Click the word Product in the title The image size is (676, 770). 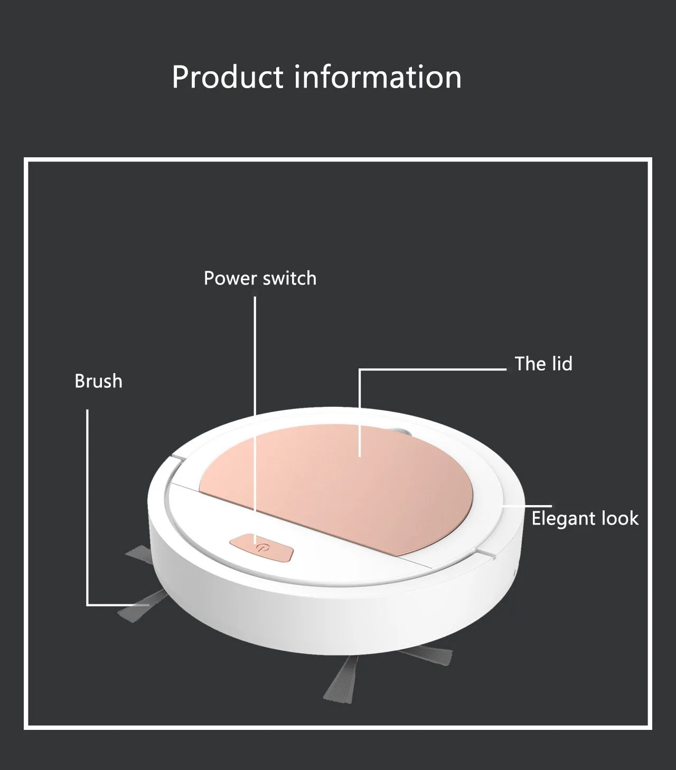click(x=228, y=77)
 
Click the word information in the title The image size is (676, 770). click(x=378, y=77)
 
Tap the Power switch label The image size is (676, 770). click(x=260, y=278)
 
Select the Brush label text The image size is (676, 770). click(x=98, y=381)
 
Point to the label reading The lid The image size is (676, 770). click(x=543, y=364)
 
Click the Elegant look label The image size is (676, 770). click(x=585, y=518)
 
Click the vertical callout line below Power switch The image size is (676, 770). click(x=255, y=369)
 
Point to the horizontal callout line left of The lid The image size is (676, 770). click(x=433, y=369)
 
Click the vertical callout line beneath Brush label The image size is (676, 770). click(x=88, y=501)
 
